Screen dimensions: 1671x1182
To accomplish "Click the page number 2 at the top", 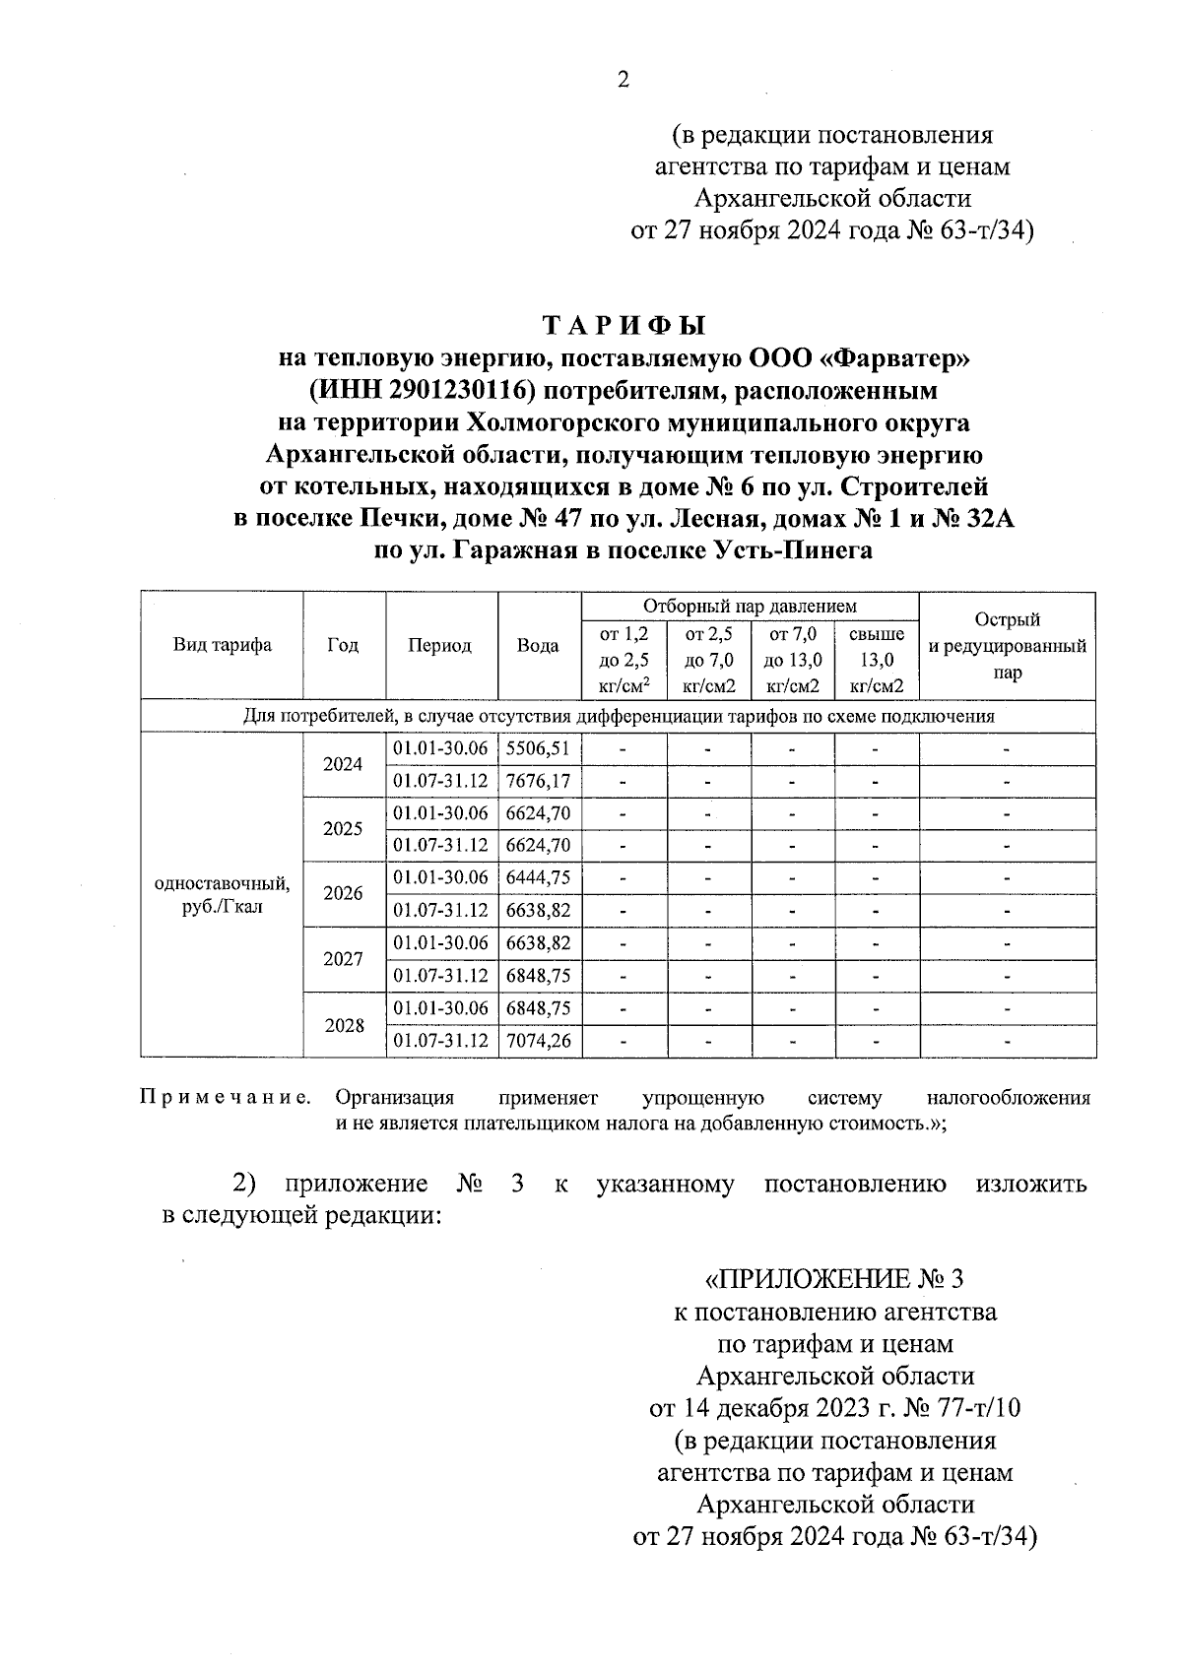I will coord(622,81).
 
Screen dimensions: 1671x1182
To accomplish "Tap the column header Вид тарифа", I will coord(222,646).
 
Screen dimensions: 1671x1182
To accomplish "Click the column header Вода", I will coord(538,646).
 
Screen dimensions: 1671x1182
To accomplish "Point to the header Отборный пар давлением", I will coord(750,606).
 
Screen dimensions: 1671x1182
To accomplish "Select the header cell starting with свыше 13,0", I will coord(876,660).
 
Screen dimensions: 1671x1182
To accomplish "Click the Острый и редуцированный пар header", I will coord(1007,646).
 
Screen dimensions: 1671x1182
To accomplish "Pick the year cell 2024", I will coord(343,764).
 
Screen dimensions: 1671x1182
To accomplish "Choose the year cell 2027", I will coord(343,959).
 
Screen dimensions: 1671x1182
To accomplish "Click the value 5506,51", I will coord(538,748).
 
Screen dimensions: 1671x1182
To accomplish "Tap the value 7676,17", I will coord(538,781).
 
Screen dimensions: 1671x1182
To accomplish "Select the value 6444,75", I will coord(538,877).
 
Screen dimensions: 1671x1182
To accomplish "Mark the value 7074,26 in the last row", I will coord(538,1040).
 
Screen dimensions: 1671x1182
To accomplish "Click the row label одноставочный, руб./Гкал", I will coord(222,894).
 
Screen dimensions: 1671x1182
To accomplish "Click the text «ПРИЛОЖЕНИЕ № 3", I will coord(833,1280).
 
